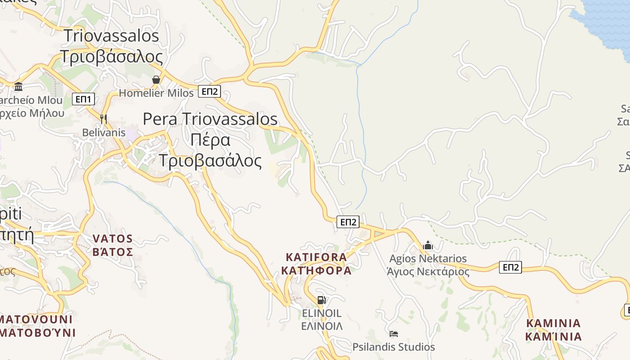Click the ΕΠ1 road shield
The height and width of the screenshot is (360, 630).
(83, 99)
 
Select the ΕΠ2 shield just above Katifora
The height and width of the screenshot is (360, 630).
(348, 221)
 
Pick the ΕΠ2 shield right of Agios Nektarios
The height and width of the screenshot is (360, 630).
(510, 267)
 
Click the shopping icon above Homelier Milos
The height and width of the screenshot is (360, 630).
(156, 80)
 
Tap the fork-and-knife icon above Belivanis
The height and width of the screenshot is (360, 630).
(103, 119)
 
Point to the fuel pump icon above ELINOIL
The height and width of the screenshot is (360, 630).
(321, 300)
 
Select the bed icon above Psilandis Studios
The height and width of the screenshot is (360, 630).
(394, 334)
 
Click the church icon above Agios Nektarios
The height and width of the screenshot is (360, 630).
(428, 245)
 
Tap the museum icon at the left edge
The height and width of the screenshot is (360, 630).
(18, 86)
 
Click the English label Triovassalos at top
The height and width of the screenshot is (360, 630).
(111, 36)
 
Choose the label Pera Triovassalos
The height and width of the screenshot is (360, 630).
(210, 119)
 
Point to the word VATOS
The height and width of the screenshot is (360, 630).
(112, 238)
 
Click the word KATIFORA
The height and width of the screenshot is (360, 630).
(316, 257)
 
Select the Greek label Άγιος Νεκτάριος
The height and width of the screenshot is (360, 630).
(428, 272)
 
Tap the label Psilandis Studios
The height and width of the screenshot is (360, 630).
(394, 347)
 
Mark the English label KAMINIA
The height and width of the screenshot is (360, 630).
(553, 323)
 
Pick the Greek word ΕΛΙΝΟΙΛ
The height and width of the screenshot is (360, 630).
(322, 326)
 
